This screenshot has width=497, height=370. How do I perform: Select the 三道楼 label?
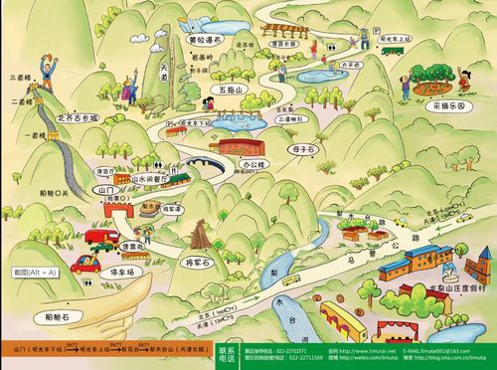click(x=19, y=76)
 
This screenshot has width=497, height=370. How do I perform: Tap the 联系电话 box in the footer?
click(x=226, y=354)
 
